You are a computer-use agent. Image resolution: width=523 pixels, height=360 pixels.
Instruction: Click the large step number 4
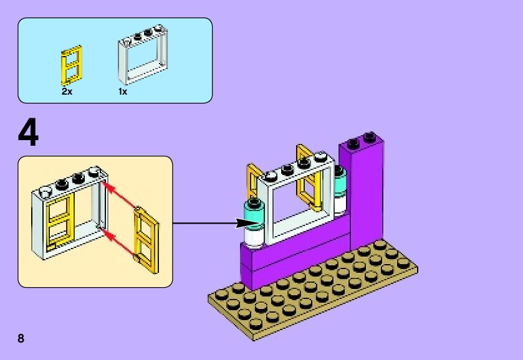point(29,133)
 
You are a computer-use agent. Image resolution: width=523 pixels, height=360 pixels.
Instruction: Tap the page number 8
point(21,339)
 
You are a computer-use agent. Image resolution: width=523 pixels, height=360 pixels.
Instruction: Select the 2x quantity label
point(67,91)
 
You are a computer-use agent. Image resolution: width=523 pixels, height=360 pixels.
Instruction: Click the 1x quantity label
point(123,91)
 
